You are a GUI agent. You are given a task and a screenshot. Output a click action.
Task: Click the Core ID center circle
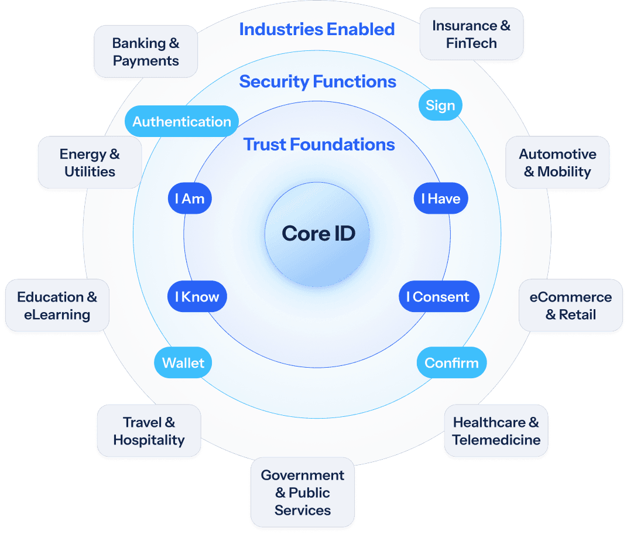point(318,234)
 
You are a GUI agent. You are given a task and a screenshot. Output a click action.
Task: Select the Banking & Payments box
point(146,52)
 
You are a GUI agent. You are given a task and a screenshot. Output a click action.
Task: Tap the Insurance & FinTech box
point(471,34)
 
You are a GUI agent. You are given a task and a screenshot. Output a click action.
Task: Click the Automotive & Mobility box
point(557,163)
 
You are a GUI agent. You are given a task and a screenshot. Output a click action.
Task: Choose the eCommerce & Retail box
point(570,306)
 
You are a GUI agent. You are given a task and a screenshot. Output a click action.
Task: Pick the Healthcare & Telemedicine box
point(496,431)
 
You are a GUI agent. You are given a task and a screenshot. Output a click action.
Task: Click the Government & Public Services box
point(302,492)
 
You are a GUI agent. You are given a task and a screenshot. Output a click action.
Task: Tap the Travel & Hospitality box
point(149,431)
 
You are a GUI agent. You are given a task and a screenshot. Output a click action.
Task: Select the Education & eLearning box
point(57,306)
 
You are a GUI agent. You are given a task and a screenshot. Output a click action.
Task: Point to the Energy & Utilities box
point(90,163)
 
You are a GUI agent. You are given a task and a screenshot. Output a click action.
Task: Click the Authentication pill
point(181,122)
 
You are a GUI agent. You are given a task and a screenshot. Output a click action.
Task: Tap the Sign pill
point(440,105)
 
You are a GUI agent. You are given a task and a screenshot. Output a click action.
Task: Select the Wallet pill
point(183,362)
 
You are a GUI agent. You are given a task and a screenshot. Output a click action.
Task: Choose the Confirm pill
point(451,362)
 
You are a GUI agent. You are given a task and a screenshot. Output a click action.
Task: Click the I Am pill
point(189,198)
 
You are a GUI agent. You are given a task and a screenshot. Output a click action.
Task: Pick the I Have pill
point(441,198)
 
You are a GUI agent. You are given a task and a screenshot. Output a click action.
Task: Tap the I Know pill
point(197,297)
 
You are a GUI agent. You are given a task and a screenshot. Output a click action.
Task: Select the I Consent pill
point(438,297)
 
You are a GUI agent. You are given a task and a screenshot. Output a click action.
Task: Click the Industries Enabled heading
point(317,29)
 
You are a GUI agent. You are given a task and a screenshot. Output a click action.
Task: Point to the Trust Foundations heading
point(319,144)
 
